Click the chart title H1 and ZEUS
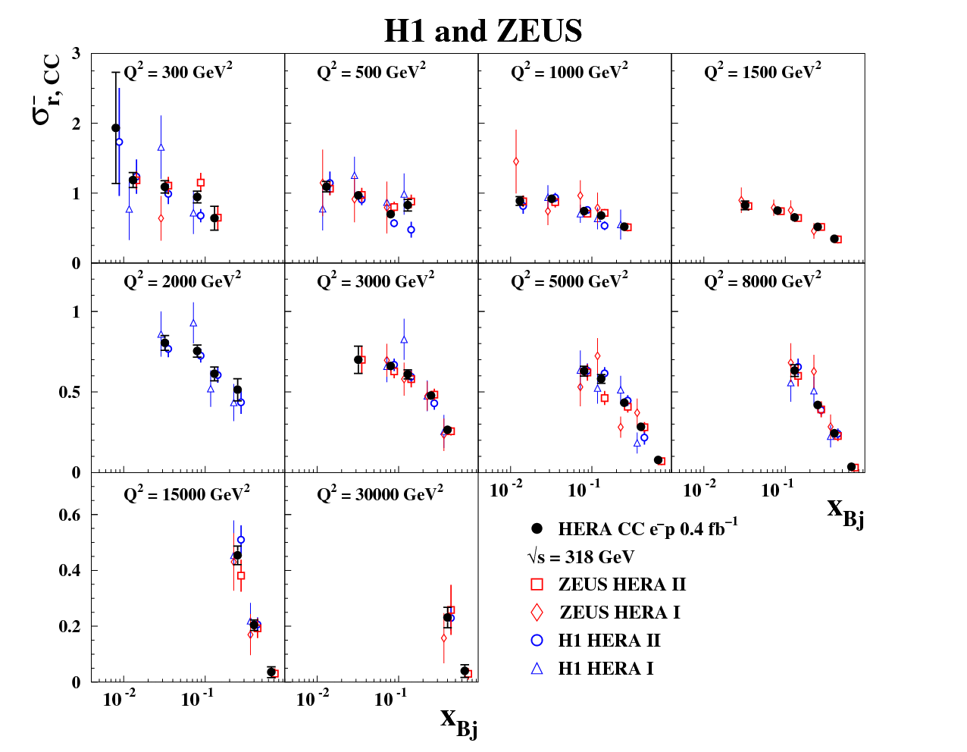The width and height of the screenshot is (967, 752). coord(483,31)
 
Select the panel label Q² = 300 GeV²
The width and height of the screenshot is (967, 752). coord(178,72)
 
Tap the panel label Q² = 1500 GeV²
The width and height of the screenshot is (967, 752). coord(762,72)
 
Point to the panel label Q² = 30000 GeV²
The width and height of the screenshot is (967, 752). coord(380,494)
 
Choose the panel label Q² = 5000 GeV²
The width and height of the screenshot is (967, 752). coord(569,281)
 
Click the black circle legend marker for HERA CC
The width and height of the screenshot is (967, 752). coord(537,528)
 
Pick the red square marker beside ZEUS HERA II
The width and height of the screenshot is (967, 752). coord(537,584)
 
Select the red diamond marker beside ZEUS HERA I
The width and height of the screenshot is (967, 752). coord(537,613)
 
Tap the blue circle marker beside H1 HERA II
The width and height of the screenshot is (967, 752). coord(537,640)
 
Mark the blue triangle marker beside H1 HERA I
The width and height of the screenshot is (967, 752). coord(537,668)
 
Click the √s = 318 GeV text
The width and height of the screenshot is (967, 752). coord(581,557)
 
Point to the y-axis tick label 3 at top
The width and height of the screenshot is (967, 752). coord(76,53)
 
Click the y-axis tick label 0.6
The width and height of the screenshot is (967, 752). coord(70,515)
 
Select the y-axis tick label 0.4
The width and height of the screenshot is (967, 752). coord(70,571)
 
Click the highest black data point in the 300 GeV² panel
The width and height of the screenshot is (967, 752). coord(116,128)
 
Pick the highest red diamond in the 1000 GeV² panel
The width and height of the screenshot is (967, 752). coord(516,161)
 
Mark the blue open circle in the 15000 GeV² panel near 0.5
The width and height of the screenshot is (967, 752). coord(241,540)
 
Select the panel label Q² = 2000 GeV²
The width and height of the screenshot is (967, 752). coord(182,281)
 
